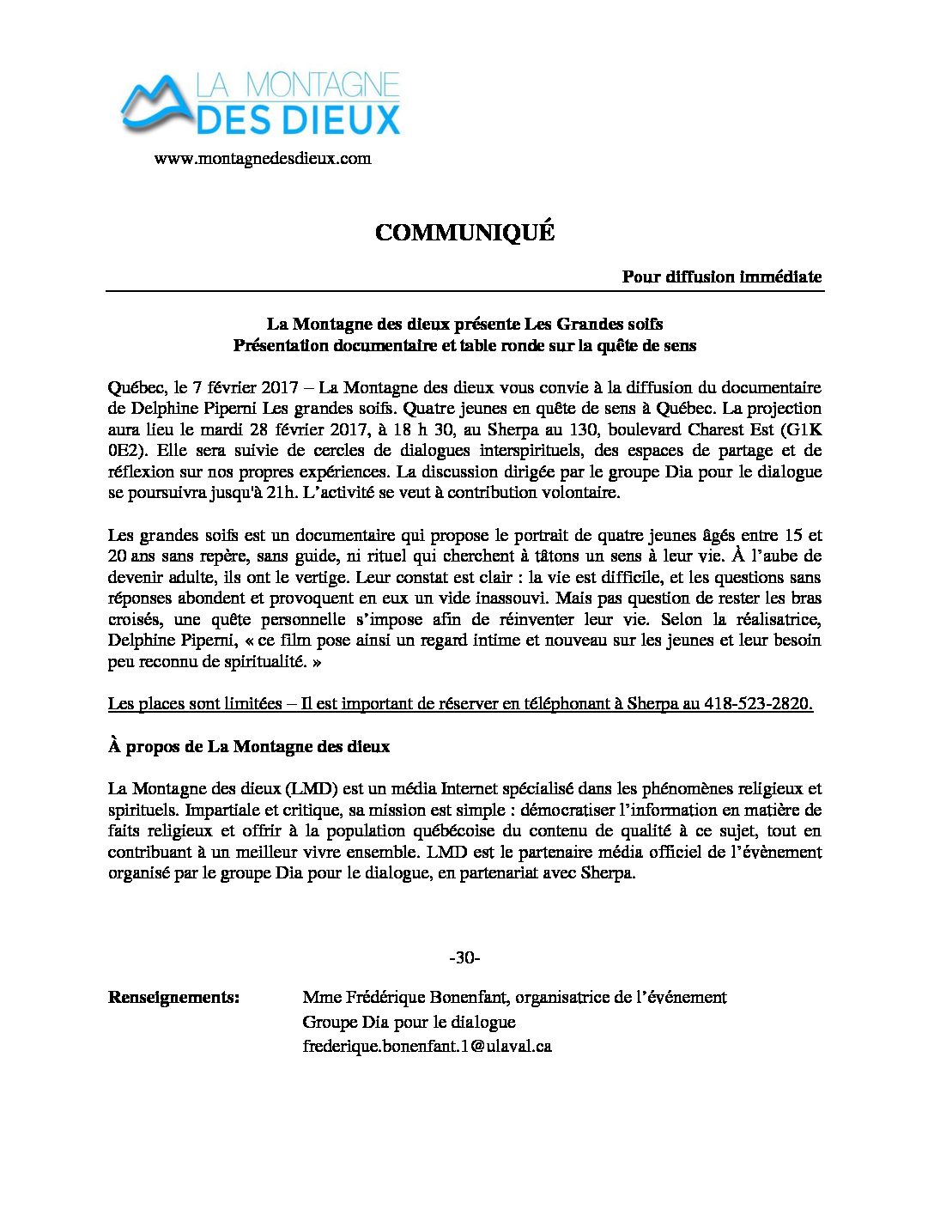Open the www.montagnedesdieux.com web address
click(x=263, y=159)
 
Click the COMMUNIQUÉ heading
click(x=464, y=233)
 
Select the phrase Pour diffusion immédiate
click(x=721, y=276)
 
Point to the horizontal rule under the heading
click(x=464, y=291)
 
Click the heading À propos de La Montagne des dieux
click(x=249, y=746)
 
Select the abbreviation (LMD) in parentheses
click(x=312, y=788)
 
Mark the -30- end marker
click(x=464, y=957)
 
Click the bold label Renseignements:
click(x=173, y=997)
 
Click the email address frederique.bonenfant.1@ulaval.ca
click(x=427, y=1046)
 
